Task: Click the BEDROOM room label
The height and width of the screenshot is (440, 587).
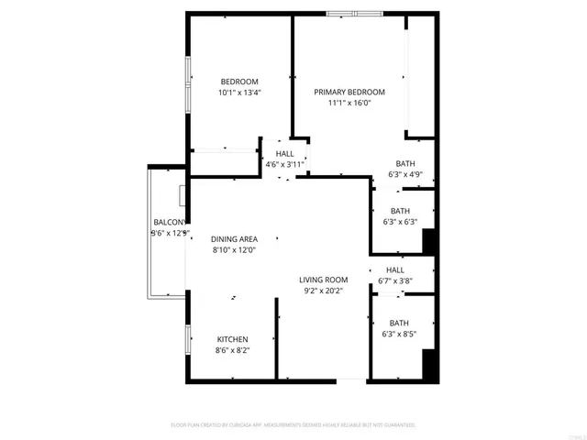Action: coord(239,82)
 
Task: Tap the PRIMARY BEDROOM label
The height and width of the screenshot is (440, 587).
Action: coord(349,92)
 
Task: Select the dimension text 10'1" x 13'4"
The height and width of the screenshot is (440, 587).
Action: coord(239,93)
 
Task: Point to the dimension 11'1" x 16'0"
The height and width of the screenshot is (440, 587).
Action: coord(349,103)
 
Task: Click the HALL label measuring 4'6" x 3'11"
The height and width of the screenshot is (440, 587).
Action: coord(284,153)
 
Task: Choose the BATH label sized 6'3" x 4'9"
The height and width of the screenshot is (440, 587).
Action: coord(404,163)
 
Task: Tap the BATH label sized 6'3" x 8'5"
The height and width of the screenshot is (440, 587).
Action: coord(399,323)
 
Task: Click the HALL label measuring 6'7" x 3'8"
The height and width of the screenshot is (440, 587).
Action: coord(395,270)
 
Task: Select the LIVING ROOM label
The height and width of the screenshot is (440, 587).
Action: coord(323,280)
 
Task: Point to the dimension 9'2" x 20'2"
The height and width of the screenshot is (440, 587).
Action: coord(323,291)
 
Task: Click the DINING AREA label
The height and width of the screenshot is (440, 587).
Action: coord(234,238)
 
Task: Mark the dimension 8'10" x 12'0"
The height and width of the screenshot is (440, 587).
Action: coord(234,249)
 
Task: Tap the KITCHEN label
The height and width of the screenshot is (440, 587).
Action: coord(232,339)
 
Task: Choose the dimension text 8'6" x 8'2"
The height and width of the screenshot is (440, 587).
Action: coord(232,350)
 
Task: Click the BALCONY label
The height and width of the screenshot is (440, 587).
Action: coord(170,223)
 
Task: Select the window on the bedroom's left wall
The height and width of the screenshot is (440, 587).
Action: coord(188,83)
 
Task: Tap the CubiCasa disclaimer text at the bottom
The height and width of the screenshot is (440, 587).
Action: coord(293,425)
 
